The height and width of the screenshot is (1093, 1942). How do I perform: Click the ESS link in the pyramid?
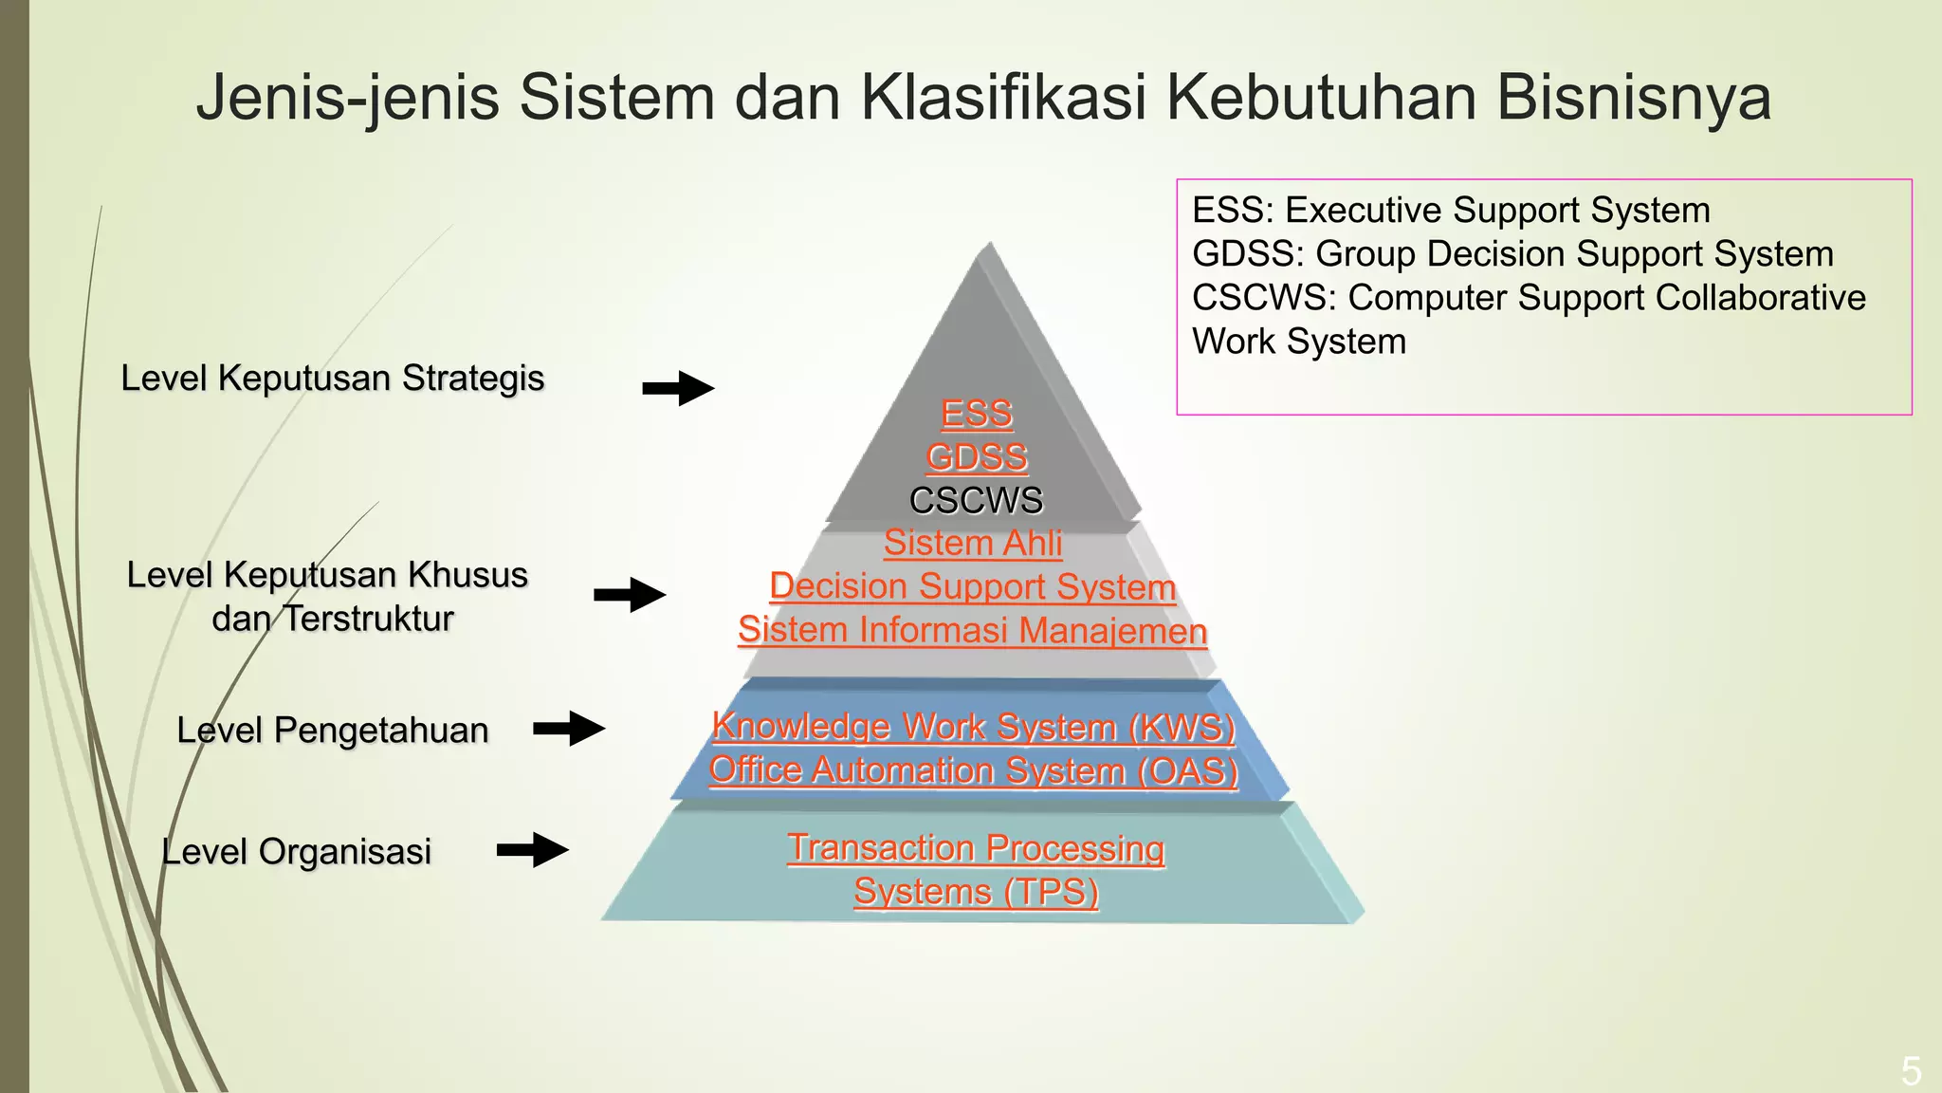(x=977, y=414)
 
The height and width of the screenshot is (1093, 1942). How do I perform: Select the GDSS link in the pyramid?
(x=977, y=457)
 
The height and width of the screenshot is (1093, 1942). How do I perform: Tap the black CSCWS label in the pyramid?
(x=977, y=500)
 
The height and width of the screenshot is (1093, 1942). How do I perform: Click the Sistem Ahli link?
(x=973, y=543)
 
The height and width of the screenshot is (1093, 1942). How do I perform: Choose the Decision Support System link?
(x=973, y=586)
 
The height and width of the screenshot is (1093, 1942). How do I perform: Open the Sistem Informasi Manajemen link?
(x=973, y=630)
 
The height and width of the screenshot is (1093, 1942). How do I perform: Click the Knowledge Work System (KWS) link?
(x=974, y=727)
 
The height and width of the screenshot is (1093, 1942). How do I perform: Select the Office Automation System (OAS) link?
(x=974, y=769)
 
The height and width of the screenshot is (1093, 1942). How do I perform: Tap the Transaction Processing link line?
(x=976, y=847)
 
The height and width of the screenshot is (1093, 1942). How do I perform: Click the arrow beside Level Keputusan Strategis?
(x=678, y=388)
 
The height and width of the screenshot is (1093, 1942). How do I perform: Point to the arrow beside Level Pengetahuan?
(x=569, y=729)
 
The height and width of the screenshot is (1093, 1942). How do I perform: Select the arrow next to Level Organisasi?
(x=533, y=850)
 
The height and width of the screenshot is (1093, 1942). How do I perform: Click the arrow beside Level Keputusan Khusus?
(x=630, y=595)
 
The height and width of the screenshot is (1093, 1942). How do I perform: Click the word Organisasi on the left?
(x=345, y=852)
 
